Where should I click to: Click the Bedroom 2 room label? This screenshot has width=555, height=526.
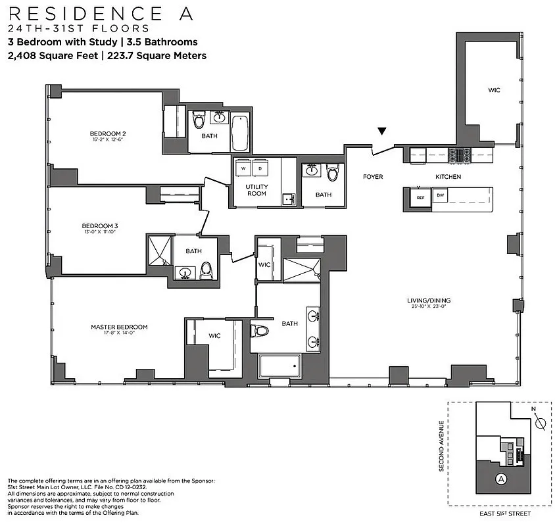click(107, 134)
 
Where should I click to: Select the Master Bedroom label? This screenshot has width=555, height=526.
click(118, 327)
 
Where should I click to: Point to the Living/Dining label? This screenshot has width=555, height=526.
click(428, 301)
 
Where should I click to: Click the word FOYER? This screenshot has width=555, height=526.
click(373, 177)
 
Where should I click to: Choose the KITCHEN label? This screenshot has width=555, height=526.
click(448, 177)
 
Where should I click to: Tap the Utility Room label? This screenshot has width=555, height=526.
click(256, 190)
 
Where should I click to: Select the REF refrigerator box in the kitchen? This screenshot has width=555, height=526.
click(420, 197)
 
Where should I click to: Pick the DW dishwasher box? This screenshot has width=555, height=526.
click(440, 196)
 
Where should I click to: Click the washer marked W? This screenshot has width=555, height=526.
click(243, 168)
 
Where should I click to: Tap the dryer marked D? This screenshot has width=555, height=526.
click(259, 168)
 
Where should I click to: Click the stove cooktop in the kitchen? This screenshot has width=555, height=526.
click(459, 156)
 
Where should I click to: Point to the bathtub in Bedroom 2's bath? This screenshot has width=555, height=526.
click(239, 132)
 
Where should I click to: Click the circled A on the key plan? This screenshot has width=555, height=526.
click(502, 479)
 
